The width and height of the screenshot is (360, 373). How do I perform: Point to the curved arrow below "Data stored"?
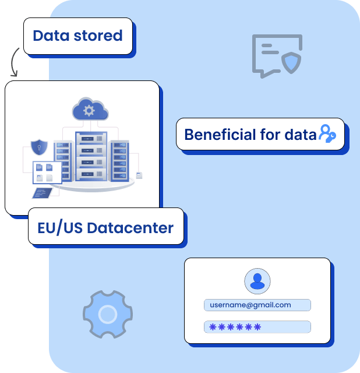[14, 62]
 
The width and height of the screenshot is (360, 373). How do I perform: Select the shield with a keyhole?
[39, 147]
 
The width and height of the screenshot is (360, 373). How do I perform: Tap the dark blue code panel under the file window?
[44, 192]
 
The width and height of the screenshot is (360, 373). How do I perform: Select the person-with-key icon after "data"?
[327, 134]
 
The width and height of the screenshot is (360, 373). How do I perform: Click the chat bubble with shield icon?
[277, 56]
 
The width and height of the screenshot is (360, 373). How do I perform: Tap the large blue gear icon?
[107, 315]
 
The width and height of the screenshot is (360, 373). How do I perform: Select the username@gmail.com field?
[257, 305]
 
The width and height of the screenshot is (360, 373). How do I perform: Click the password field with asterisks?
[257, 327]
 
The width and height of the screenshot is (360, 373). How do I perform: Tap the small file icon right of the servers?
[139, 174]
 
